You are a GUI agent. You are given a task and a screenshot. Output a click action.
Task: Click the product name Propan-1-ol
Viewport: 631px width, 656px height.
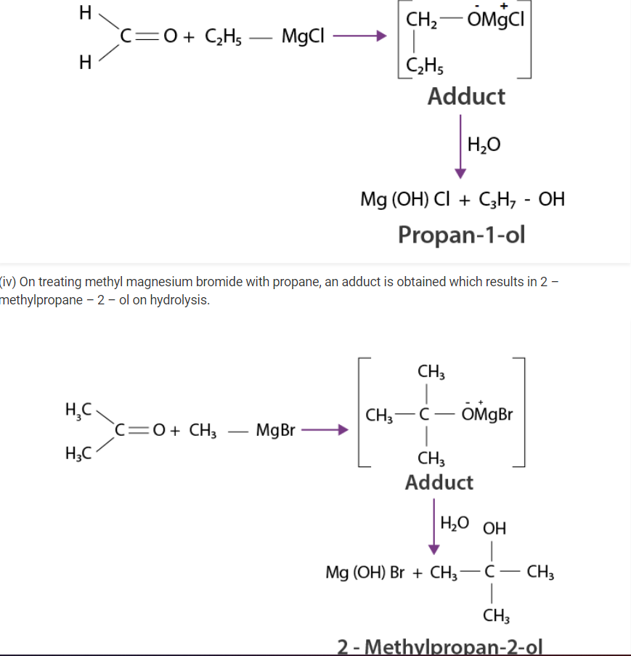point(461,235)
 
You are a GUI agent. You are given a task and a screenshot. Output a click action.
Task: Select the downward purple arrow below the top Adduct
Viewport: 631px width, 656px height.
point(460,146)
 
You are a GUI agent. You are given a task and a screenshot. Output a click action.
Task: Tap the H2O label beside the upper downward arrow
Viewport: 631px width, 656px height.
point(484,145)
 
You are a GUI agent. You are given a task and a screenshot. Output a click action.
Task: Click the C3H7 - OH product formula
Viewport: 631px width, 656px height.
point(521,198)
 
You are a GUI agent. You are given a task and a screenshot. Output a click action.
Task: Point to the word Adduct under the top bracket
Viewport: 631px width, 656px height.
point(466,96)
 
